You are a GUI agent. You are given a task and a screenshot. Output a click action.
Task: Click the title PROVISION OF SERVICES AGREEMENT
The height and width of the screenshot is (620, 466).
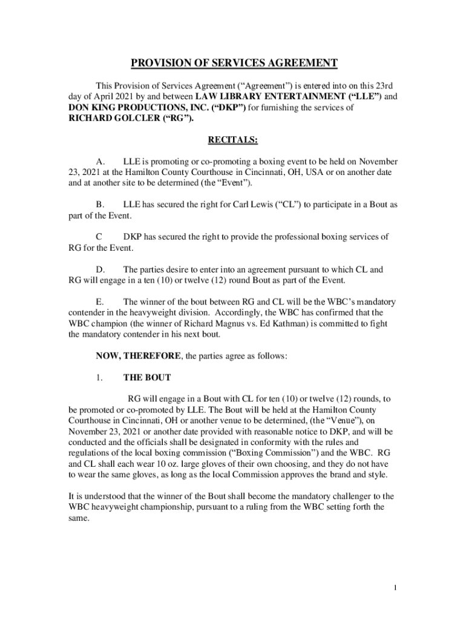click(234, 64)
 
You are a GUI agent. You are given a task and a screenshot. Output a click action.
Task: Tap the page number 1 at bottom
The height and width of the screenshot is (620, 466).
click(394, 588)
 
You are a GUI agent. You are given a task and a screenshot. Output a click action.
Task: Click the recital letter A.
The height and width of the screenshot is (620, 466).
click(101, 162)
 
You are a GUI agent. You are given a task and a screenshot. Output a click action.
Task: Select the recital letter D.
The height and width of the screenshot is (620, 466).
click(101, 269)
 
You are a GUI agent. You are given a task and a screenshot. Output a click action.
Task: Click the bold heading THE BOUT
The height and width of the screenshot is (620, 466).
click(147, 377)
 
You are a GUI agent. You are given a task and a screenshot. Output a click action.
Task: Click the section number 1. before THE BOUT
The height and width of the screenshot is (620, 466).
click(100, 377)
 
